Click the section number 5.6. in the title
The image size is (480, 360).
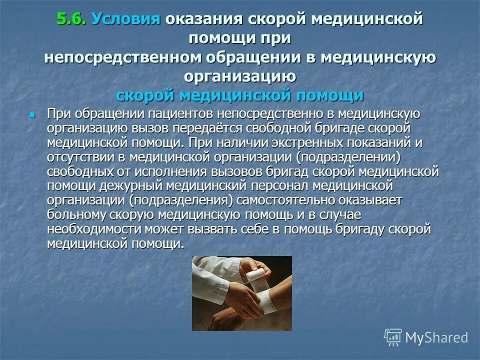[x=71, y=20]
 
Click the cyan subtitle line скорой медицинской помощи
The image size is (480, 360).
[x=239, y=95]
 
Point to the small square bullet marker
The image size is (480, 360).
[x=32, y=115]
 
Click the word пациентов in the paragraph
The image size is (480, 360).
[x=161, y=114]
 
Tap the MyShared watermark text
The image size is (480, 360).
[x=436, y=337]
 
